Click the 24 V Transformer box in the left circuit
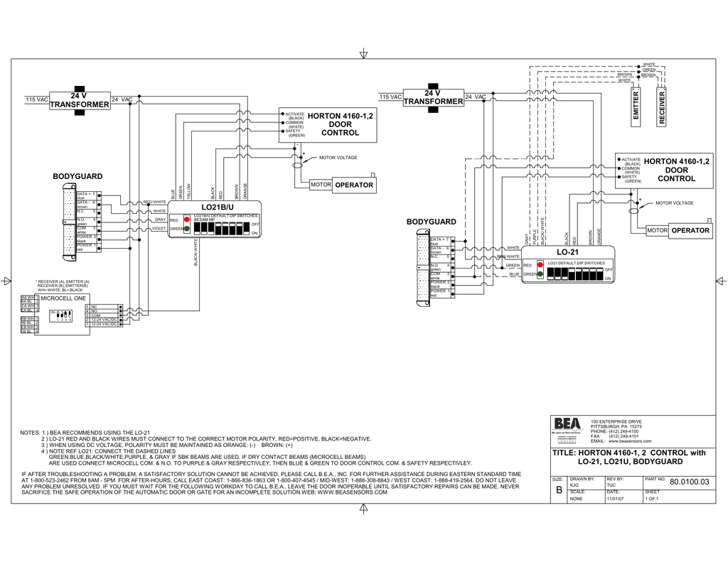pyautogui.click(x=80, y=100)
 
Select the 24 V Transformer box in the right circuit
pyautogui.click(x=433, y=97)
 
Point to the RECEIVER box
pyautogui.click(x=662, y=107)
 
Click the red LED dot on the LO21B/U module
pyautogui.click(x=187, y=220)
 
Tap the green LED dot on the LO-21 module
pyautogui.click(x=540, y=274)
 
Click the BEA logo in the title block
pyautogui.click(x=567, y=424)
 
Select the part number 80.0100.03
pyautogui.click(x=689, y=482)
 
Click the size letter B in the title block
pyautogui.click(x=558, y=491)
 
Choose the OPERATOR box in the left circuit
pyautogui.click(x=353, y=185)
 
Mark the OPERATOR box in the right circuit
pyautogui.click(x=690, y=230)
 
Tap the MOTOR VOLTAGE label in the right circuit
pyautogui.click(x=674, y=203)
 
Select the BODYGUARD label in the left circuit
pyautogui.click(x=77, y=176)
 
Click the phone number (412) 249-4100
pyautogui.click(x=623, y=431)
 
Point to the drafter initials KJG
pyautogui.click(x=574, y=485)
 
